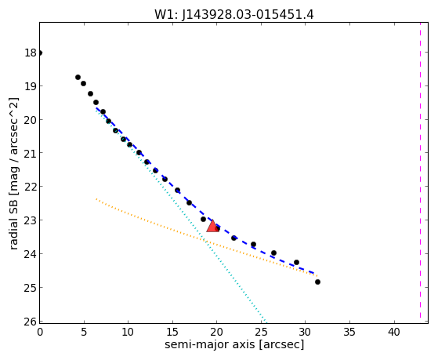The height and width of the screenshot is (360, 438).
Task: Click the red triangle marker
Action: (212, 226)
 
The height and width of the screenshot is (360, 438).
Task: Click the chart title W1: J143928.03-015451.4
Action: (234, 15)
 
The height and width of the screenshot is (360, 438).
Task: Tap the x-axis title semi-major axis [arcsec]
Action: (234, 344)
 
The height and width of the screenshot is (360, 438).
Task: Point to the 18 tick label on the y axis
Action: (31, 53)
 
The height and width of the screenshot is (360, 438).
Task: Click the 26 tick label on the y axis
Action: (31, 322)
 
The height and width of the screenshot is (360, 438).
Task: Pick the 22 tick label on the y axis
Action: (31, 187)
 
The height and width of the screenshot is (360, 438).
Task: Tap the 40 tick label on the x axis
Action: (394, 332)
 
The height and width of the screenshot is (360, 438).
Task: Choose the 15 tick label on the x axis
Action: (172, 332)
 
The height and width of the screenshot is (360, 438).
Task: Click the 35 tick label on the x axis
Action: (349, 332)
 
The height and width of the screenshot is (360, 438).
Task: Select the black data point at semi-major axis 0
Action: (40, 53)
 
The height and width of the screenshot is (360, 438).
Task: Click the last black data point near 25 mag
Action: (317, 282)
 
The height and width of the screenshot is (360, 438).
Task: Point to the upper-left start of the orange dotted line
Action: (96, 199)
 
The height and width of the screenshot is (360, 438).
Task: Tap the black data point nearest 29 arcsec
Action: (296, 263)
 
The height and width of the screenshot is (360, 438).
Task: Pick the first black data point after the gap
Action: (78, 77)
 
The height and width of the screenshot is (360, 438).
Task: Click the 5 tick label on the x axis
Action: (84, 332)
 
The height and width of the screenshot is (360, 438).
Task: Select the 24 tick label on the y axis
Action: (31, 254)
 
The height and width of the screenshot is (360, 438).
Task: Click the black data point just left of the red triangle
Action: (204, 220)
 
